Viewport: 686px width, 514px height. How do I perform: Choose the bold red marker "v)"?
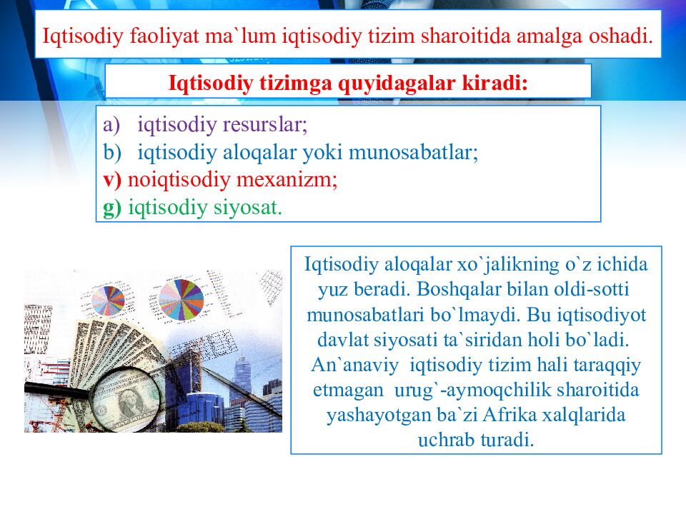tap(112, 180)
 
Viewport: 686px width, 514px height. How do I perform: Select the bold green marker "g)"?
tap(112, 208)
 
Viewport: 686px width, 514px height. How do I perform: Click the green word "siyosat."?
tap(250, 208)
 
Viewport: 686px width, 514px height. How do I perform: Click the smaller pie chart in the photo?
tap(108, 301)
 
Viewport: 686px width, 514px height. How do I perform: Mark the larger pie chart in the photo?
tap(181, 300)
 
